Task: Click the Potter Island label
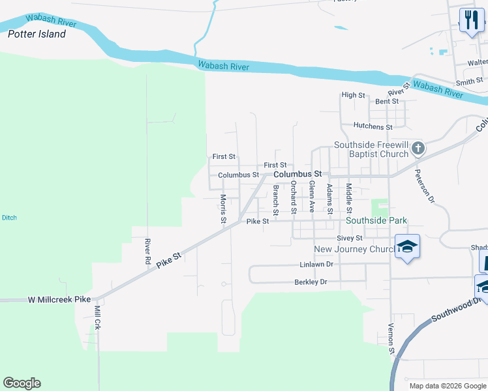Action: click(x=37, y=34)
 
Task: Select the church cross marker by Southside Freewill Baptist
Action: click(x=418, y=149)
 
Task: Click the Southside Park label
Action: click(x=376, y=221)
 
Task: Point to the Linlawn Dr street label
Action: click(x=316, y=265)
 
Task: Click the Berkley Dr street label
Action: click(x=311, y=282)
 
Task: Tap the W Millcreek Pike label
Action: click(x=58, y=300)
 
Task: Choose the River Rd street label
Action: click(x=147, y=251)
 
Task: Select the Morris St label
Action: click(x=222, y=209)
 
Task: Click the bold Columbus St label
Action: click(x=298, y=175)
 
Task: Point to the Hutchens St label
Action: click(x=373, y=126)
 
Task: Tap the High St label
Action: click(x=353, y=95)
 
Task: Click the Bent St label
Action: click(x=387, y=102)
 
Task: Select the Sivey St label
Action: click(x=350, y=239)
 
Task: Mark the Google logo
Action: click(x=22, y=383)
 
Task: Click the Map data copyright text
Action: click(x=448, y=386)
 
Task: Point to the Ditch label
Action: click(x=9, y=218)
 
